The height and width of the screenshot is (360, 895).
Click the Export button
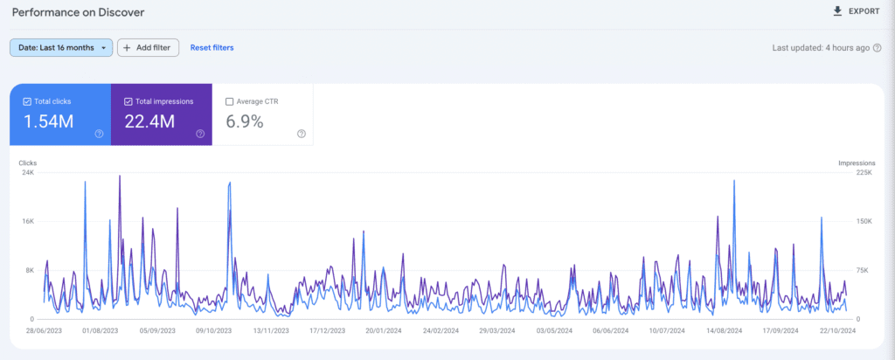[856, 11]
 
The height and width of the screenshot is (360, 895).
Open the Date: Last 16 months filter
[61, 47]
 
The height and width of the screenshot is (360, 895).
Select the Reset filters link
[212, 47]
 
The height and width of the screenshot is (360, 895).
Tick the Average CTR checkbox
[230, 101]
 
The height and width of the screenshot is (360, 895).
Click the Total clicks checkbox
[27, 101]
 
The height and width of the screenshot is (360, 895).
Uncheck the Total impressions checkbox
[128, 101]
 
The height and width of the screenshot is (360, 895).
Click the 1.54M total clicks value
[48, 121]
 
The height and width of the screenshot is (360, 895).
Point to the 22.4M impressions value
[149, 121]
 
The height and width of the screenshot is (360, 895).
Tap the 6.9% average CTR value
[245, 121]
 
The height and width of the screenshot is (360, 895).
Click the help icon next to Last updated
[877, 48]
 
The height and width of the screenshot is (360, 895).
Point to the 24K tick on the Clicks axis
[28, 173]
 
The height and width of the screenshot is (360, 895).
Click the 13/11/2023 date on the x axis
[271, 331]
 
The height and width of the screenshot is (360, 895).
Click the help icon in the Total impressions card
[200, 134]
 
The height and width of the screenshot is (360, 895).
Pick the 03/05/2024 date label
[554, 331]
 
